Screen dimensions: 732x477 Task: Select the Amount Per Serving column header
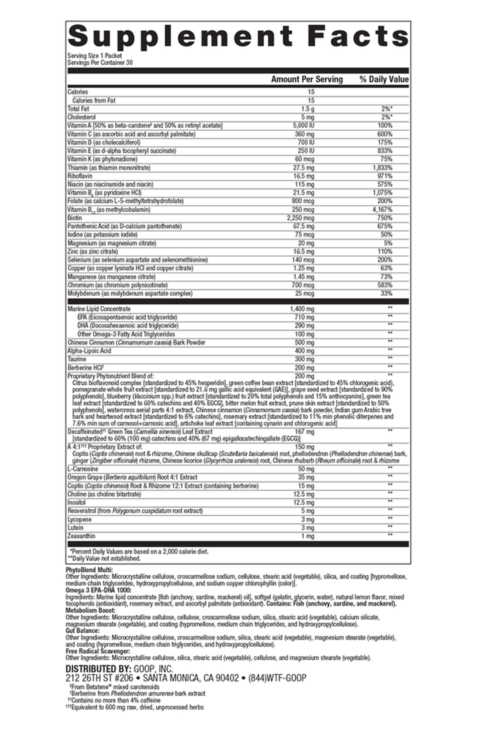[x=306, y=79]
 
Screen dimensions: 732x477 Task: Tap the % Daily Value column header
[x=384, y=79]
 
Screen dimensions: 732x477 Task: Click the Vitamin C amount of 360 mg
[x=304, y=134]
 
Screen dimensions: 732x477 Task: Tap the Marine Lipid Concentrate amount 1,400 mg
[x=302, y=309]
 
